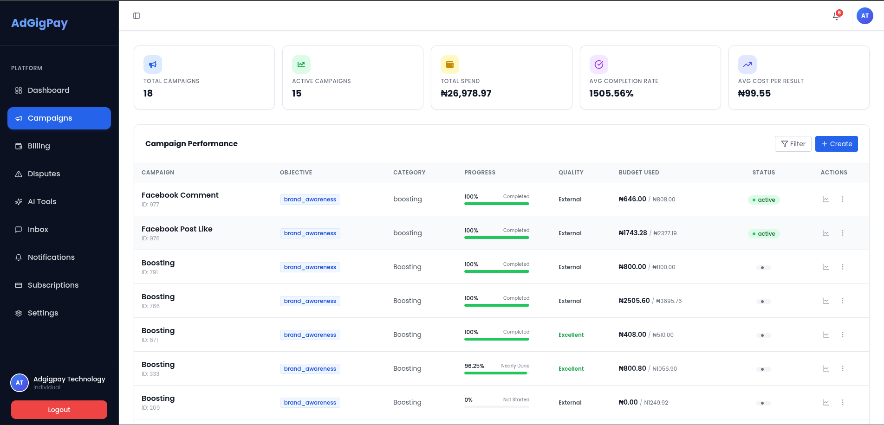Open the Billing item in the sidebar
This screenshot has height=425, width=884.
pyautogui.click(x=39, y=146)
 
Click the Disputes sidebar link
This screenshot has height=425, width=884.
pyautogui.click(x=44, y=174)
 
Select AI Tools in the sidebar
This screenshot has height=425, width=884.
pyautogui.click(x=42, y=201)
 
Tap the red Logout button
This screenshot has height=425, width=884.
pyautogui.click(x=59, y=410)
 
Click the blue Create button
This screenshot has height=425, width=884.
pyautogui.click(x=836, y=144)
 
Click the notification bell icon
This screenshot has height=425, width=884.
pyautogui.click(x=837, y=16)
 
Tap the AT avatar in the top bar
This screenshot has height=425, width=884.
pyautogui.click(x=864, y=16)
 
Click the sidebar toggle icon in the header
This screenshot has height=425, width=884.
pyautogui.click(x=136, y=16)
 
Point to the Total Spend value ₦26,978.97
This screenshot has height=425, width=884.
pyautogui.click(x=466, y=93)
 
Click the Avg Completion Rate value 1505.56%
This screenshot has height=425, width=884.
pyautogui.click(x=611, y=93)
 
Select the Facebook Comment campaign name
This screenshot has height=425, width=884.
pyautogui.click(x=180, y=195)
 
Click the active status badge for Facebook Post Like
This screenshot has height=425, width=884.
pyautogui.click(x=764, y=234)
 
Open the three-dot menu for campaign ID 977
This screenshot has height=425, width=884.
pyautogui.click(x=843, y=199)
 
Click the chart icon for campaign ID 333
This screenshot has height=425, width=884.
pyautogui.click(x=826, y=368)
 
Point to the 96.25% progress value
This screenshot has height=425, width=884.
pyautogui.click(x=474, y=366)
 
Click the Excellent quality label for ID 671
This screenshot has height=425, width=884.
pyautogui.click(x=571, y=335)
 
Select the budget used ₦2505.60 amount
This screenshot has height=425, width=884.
pyautogui.click(x=634, y=301)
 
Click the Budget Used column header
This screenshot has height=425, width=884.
pyautogui.click(x=639, y=173)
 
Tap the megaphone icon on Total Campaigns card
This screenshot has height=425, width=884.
pyautogui.click(x=153, y=64)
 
